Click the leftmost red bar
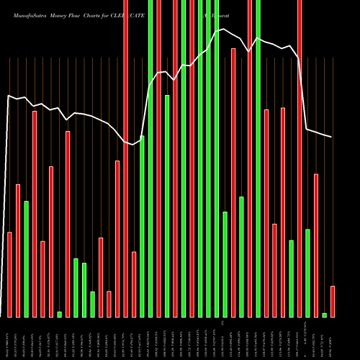[10, 274]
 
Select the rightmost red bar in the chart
[333, 302]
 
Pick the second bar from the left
[18, 251]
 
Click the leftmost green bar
[27, 259]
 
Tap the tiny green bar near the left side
[59, 314]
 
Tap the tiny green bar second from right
[324, 315]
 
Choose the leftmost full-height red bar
[125, 158]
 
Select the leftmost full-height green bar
[150, 158]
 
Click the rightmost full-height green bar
[258, 158]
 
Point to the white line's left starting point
[8, 95]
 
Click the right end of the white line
[332, 137]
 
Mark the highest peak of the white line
[225, 30]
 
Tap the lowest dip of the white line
[134, 145]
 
